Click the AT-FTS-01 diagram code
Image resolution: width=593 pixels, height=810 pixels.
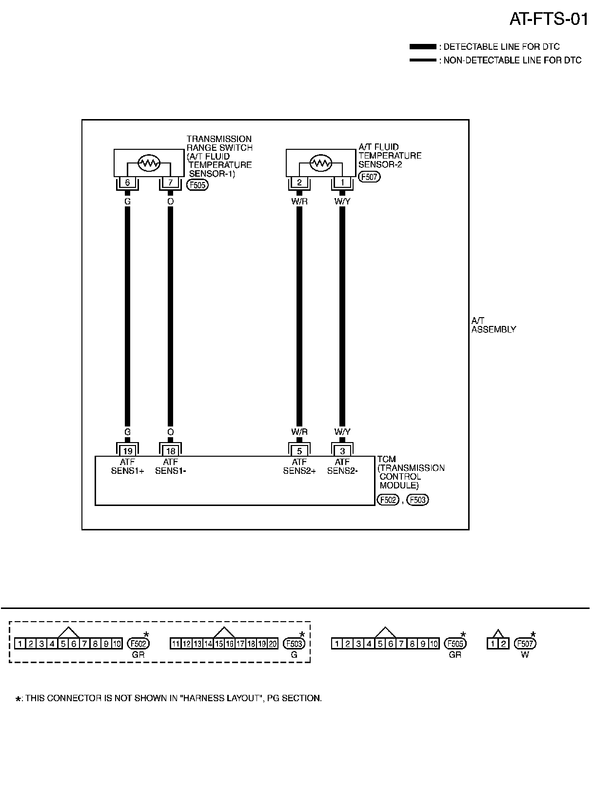click(x=549, y=19)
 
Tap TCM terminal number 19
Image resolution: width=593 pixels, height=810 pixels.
click(x=127, y=451)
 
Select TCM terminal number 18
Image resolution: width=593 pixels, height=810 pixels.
click(x=170, y=451)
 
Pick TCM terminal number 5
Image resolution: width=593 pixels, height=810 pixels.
click(x=299, y=451)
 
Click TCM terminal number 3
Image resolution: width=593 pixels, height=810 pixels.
click(x=342, y=451)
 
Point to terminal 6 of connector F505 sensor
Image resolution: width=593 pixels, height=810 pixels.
click(x=127, y=182)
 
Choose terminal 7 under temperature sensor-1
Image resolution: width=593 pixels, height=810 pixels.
click(x=170, y=182)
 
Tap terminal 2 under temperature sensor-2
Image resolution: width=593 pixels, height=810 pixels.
click(x=299, y=182)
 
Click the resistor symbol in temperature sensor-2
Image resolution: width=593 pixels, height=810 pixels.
click(x=321, y=163)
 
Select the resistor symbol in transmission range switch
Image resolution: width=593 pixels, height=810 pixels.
click(x=149, y=163)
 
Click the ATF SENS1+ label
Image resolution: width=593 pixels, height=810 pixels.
click(x=127, y=466)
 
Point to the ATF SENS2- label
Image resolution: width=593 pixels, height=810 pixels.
click(x=342, y=466)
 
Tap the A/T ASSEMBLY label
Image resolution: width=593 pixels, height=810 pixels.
click(x=493, y=325)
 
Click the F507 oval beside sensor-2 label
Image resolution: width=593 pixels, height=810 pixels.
click(x=369, y=177)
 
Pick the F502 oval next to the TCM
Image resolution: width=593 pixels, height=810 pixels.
click(x=388, y=500)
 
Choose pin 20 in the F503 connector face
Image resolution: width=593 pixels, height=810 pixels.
click(x=273, y=644)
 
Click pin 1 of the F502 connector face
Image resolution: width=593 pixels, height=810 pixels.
click(x=20, y=644)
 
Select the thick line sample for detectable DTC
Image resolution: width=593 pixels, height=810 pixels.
click(x=422, y=47)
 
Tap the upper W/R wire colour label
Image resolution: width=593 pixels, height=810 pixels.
click(x=299, y=201)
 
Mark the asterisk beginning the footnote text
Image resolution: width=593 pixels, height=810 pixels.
click(x=19, y=699)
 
